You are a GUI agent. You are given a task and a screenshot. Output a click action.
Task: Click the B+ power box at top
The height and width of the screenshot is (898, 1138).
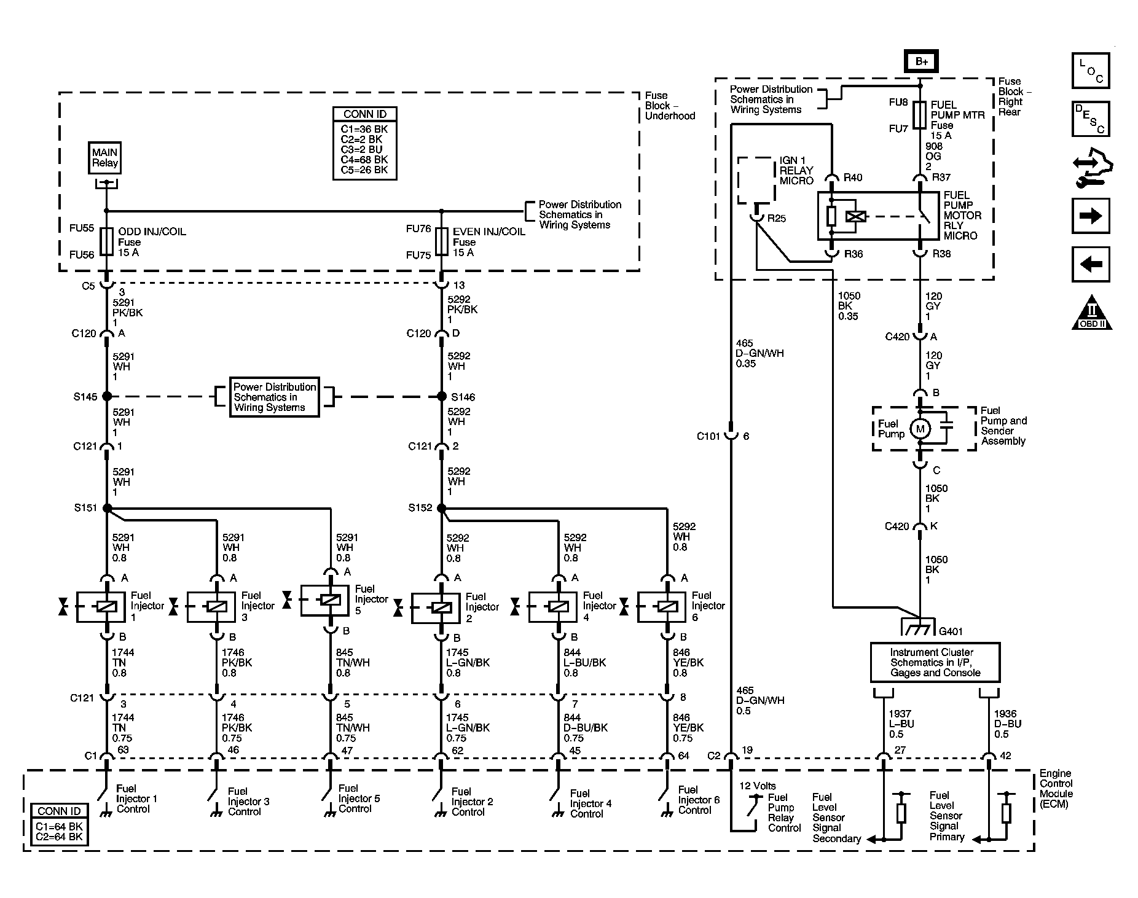click(x=920, y=62)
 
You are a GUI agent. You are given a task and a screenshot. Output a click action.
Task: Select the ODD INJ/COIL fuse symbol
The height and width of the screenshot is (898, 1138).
click(x=107, y=241)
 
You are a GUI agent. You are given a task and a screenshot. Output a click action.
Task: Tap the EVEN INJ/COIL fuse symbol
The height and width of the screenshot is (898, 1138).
click(x=441, y=241)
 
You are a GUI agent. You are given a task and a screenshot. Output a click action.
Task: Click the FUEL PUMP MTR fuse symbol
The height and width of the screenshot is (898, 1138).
click(x=919, y=115)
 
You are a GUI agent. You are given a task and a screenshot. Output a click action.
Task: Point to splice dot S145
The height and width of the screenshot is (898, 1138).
click(x=107, y=396)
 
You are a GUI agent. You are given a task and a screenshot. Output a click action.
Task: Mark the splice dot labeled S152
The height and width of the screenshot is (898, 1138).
click(x=441, y=508)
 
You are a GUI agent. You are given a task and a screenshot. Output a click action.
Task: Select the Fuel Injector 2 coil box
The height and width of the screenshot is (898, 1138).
click(x=435, y=607)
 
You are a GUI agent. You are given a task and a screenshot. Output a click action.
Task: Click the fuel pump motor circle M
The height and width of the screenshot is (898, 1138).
click(x=920, y=429)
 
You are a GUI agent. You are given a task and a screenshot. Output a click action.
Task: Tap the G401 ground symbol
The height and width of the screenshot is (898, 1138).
click(x=919, y=628)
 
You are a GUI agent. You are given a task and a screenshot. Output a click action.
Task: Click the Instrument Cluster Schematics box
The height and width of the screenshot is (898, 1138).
click(x=935, y=662)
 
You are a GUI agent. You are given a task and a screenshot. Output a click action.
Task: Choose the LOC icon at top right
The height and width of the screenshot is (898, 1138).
click(x=1091, y=71)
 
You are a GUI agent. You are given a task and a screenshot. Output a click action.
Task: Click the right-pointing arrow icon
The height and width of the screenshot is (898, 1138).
click(x=1091, y=216)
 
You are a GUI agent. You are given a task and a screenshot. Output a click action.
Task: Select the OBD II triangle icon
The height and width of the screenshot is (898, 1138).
click(x=1092, y=315)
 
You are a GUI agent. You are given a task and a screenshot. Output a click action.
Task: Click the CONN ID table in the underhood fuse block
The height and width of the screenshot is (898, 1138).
click(x=364, y=144)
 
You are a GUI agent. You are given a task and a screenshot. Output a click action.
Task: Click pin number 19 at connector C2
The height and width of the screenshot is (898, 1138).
click(x=746, y=750)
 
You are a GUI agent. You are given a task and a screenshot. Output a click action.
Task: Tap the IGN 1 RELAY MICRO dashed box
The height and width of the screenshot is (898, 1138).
click(x=756, y=180)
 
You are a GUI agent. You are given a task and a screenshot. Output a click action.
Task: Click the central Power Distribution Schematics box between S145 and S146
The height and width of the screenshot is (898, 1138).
click(x=275, y=397)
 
